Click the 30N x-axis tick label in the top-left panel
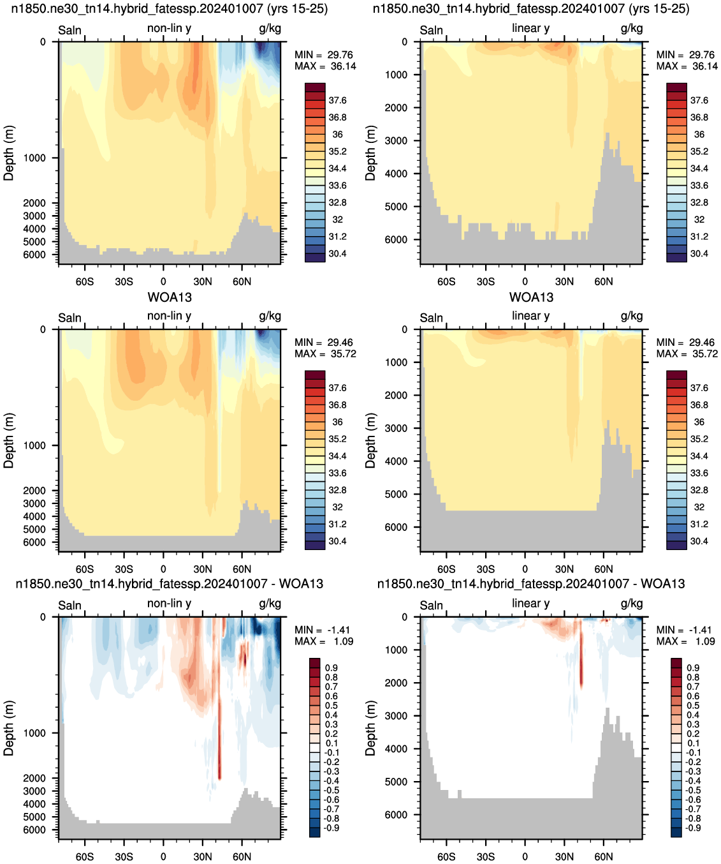tap(203, 282)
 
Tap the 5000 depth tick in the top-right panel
tap(396, 207)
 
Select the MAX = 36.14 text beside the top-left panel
tap(325, 66)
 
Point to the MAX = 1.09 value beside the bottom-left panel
tap(324, 641)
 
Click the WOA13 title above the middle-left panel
tap(170, 297)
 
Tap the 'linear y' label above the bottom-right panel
tap(531, 603)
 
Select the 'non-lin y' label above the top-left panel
tap(169, 28)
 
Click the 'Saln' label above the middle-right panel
tap(431, 318)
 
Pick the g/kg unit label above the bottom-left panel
tap(270, 604)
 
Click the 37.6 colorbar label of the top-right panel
tap(699, 101)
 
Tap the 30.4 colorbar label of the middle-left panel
tap(337, 541)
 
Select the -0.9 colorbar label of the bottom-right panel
tap(694, 828)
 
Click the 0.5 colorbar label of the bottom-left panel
tap(331, 705)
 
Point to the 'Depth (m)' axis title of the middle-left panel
tap(8, 440)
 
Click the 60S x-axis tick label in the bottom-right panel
tap(446, 856)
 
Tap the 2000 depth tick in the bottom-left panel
tap(34, 778)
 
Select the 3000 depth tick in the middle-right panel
tap(396, 428)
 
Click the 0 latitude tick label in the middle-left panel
tap(163, 569)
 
